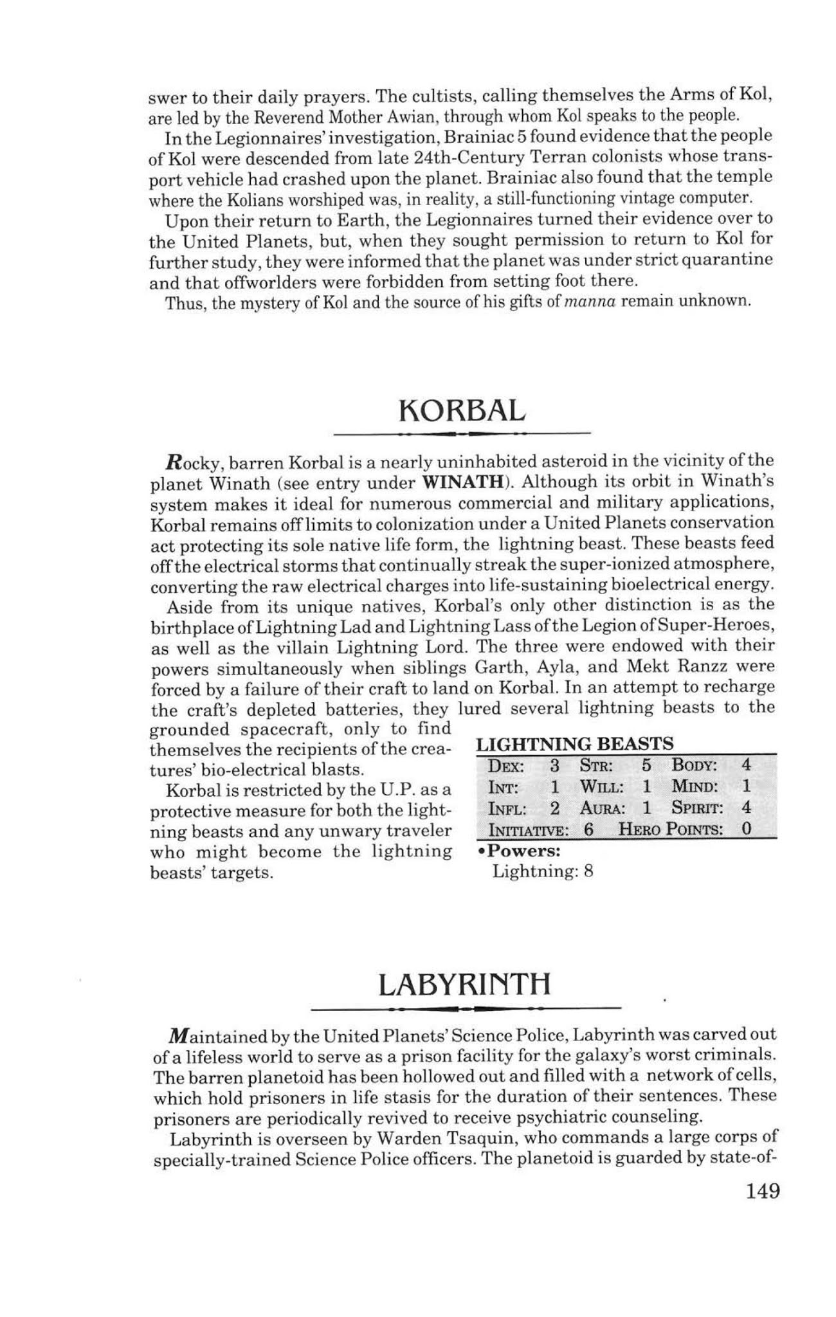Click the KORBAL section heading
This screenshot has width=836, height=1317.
pyautogui.click(x=462, y=410)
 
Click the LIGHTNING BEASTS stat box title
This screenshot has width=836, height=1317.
pyautogui.click(x=574, y=744)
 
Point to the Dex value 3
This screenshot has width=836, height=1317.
pyautogui.click(x=555, y=765)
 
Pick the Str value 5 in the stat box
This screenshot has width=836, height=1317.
pyautogui.click(x=646, y=765)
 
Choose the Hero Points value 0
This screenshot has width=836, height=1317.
pyautogui.click(x=746, y=828)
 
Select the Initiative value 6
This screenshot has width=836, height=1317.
pyautogui.click(x=588, y=829)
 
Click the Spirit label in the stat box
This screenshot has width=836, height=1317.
pyautogui.click(x=698, y=808)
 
